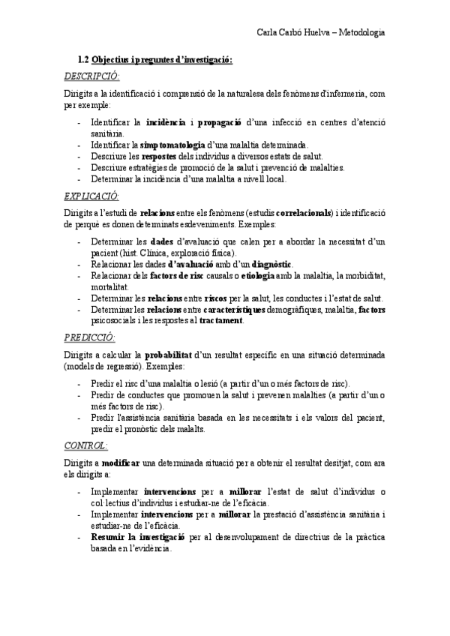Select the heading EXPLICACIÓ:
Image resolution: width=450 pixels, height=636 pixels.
click(x=91, y=196)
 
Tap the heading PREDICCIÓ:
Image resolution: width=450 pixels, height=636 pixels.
click(x=89, y=337)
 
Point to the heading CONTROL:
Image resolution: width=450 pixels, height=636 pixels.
click(x=86, y=445)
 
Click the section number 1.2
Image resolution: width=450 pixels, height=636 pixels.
click(x=83, y=60)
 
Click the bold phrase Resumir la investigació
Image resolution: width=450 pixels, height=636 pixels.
click(x=137, y=538)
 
